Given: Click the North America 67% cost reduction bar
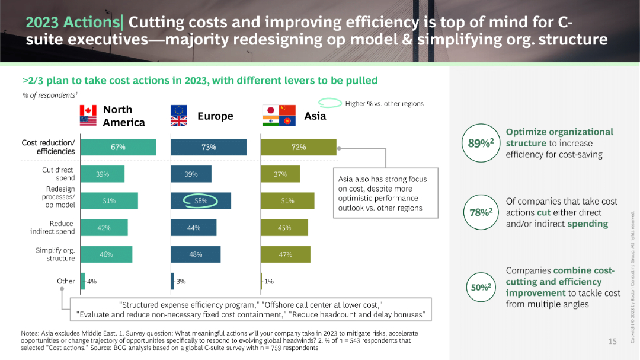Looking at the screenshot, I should click(x=118, y=147).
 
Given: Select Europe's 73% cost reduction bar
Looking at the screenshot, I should click(x=208, y=147).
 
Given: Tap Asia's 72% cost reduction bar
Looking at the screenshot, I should click(x=298, y=147).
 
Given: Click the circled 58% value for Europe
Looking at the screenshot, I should click(x=201, y=201).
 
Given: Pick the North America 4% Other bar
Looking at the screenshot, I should click(x=82, y=281).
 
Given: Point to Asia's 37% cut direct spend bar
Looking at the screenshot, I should click(x=280, y=174).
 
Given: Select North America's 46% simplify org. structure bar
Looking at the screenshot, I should click(x=106, y=254).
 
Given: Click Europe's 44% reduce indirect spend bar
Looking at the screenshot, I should click(x=193, y=228).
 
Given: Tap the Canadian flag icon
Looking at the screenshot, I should click(x=88, y=110).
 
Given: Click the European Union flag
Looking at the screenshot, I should click(x=178, y=110).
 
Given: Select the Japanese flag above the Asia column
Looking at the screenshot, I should click(x=270, y=110).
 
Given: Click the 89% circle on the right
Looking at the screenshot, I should click(x=481, y=143).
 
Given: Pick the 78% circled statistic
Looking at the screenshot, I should click(x=481, y=212).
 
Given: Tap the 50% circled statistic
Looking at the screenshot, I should click(x=481, y=287).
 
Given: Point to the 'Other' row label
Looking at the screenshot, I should click(x=66, y=281).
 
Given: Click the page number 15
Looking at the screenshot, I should click(x=613, y=341).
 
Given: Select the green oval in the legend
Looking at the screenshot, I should click(x=329, y=103).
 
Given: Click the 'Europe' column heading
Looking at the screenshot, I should click(x=215, y=116).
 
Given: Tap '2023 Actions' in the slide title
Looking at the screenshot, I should click(x=72, y=23).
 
